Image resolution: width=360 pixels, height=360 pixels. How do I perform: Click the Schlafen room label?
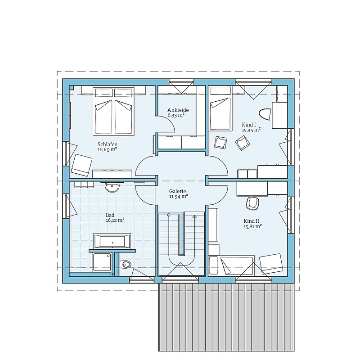pos(108,144)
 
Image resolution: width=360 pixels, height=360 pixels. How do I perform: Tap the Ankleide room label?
pos(178,110)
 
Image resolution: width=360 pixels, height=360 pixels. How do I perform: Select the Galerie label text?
pos(177,191)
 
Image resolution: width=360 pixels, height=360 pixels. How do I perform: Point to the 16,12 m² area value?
pos(115,220)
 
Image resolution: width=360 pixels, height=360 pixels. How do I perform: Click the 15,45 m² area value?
pos(251,130)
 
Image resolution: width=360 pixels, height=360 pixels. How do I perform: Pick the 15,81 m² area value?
pos(253,226)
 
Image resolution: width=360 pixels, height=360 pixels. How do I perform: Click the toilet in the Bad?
pos(126,264)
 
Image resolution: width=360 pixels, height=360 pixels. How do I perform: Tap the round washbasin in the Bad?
pos(112,186)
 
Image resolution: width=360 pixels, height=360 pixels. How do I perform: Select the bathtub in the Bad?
pos(112,241)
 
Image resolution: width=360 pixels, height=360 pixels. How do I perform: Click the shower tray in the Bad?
pos(102,262)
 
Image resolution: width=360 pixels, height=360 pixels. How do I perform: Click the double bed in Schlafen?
pos(113,111)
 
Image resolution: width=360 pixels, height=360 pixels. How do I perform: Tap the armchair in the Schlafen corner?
pos(81,165)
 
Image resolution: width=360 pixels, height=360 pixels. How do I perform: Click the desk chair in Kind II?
pos(252,203)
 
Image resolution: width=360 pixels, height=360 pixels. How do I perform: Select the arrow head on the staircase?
pos(195,216)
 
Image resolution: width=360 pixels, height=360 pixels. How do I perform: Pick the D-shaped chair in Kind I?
pos(265,114)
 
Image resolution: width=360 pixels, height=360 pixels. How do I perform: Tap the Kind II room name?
pos(252,221)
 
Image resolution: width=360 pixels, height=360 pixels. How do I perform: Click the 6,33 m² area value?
pos(176,115)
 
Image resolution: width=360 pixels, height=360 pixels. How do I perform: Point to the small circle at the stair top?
pos(169,215)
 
